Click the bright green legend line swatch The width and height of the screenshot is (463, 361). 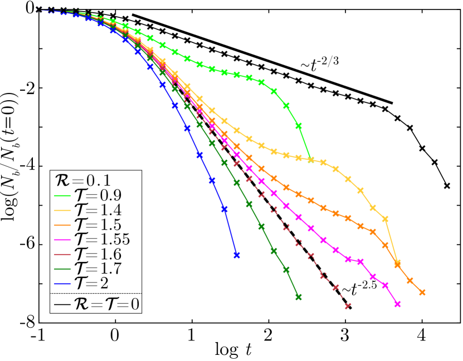point(62,196)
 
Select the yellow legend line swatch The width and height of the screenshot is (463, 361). point(62,210)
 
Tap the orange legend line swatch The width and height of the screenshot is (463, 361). point(62,225)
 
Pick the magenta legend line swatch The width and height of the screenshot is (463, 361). point(62,240)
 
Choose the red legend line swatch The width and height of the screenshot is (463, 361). point(62,254)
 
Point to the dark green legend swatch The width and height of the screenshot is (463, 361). point(62,269)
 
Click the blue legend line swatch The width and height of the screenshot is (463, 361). point(62,284)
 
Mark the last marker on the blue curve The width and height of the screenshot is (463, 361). point(237,255)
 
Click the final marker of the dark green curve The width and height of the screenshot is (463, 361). point(298,297)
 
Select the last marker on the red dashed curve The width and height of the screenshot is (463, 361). point(348,306)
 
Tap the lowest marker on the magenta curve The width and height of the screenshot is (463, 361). point(397,304)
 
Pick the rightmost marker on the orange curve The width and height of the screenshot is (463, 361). point(422,292)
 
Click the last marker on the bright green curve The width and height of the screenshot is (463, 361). point(311,160)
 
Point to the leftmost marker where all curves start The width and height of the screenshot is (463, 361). point(39,9)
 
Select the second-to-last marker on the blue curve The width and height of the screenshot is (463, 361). point(225,209)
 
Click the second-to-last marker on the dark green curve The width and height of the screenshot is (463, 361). point(286,270)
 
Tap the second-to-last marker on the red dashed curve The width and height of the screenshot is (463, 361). point(335,288)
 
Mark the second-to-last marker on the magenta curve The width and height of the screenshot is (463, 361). point(385,285)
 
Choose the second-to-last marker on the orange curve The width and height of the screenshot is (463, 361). point(410,281)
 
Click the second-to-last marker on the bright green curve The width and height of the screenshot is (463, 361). point(299,126)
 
